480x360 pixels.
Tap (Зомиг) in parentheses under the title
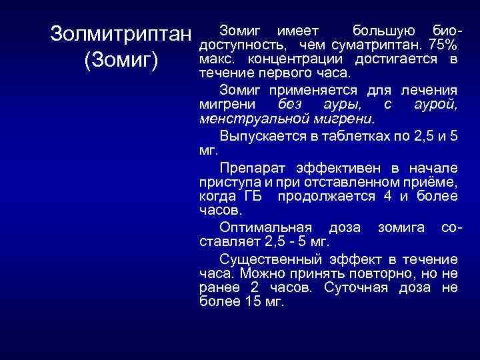(121, 61)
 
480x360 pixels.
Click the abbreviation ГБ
(253, 195)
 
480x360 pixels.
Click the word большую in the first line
(383, 31)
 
